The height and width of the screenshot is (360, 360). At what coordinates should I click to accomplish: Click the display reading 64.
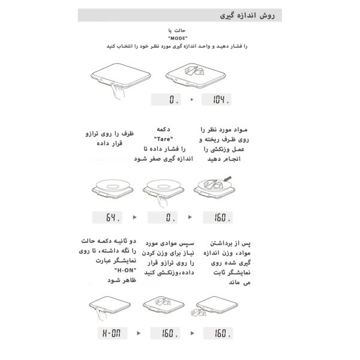(108, 217)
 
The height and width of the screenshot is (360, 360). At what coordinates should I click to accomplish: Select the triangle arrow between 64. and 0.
(134, 217)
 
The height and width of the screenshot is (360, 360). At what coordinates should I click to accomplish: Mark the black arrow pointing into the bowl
(228, 178)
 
